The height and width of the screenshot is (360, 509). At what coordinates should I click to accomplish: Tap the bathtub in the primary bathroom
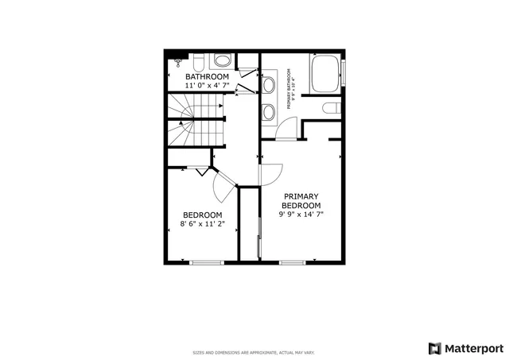(x=324, y=74)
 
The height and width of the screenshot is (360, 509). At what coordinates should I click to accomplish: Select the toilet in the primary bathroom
(x=332, y=109)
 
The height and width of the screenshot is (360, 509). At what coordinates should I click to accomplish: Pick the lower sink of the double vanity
(x=269, y=109)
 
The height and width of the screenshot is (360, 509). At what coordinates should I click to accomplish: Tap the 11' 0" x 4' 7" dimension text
(x=207, y=85)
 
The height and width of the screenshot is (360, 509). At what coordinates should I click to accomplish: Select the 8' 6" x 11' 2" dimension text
(x=202, y=224)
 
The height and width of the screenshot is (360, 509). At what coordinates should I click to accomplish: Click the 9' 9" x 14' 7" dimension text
(x=301, y=214)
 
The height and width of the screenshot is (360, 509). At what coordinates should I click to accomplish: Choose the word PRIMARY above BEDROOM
(x=301, y=196)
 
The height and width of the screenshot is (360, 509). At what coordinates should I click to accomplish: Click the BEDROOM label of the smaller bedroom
(x=202, y=215)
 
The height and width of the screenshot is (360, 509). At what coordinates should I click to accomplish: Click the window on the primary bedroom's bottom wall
(x=292, y=262)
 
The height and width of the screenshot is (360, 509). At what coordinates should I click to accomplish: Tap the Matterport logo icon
(x=434, y=347)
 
